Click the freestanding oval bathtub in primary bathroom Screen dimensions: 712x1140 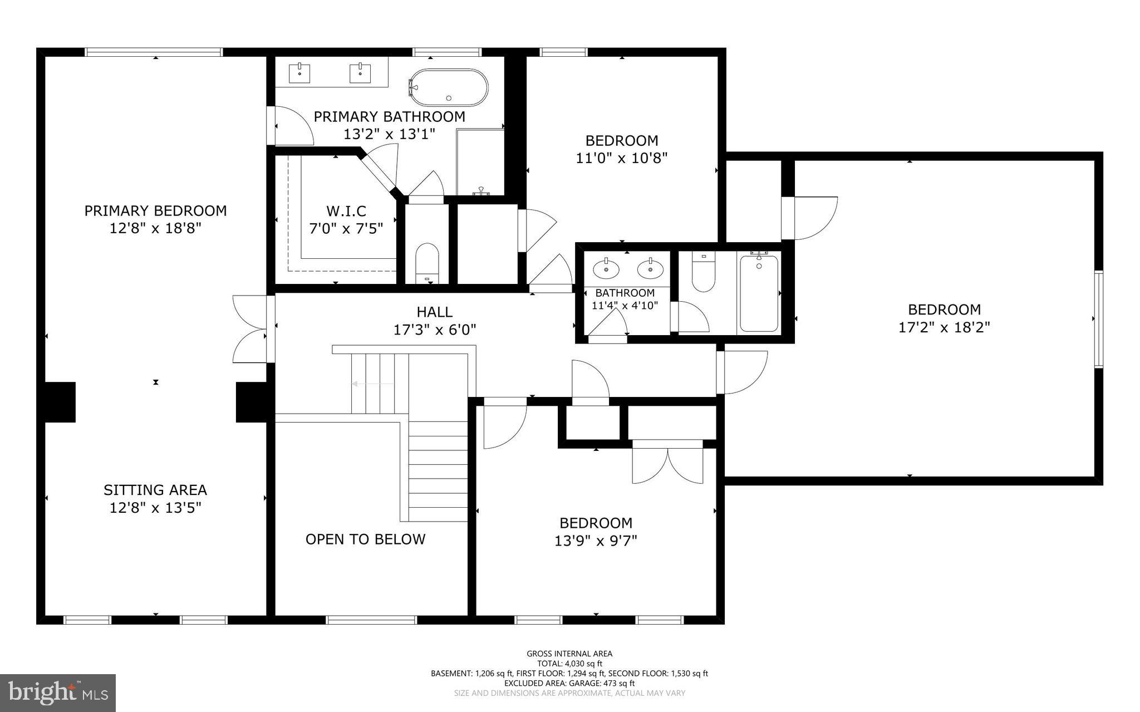coord(449,87)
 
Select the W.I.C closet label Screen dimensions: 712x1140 coord(346,212)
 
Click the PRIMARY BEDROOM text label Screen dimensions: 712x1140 coord(155,211)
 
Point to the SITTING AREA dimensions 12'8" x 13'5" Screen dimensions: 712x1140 coord(155,508)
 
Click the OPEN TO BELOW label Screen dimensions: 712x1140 coord(365,539)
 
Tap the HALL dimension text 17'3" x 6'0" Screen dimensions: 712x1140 coord(435,330)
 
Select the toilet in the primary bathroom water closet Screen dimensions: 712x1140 coord(427,263)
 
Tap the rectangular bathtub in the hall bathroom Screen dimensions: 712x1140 coord(759,293)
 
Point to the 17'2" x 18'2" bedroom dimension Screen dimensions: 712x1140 coord(944,327)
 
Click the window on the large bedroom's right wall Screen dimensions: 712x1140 coord(1098,319)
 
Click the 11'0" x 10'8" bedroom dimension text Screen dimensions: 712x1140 coord(621,158)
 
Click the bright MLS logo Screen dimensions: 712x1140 coord(58,693)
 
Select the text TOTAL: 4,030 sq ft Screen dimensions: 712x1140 coord(569,664)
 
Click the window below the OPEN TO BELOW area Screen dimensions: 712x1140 coord(371,620)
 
